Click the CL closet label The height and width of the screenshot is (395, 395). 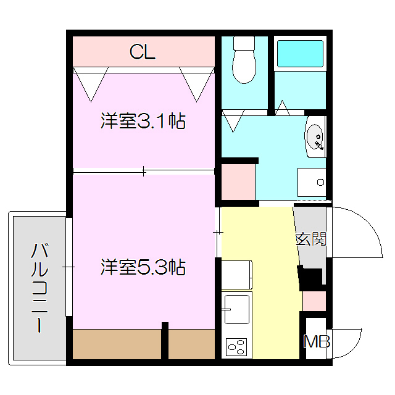coord(143,52)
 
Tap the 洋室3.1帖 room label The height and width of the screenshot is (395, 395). coord(143,121)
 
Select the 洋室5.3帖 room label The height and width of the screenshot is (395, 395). coord(143,267)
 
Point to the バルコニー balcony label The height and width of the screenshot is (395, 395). coord(40,288)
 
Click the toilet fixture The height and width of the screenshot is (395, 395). coord(244,60)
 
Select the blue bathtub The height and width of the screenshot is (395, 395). coord(299,54)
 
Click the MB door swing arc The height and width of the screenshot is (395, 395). coord(347,343)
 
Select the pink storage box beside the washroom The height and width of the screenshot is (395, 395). coord(239,180)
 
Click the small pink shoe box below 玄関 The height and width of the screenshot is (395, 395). coord(314,301)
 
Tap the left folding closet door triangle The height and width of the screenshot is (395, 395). coord(90,82)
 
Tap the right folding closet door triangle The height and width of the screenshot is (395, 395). coord(197,82)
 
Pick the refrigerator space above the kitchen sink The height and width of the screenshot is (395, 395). coord(236,275)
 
